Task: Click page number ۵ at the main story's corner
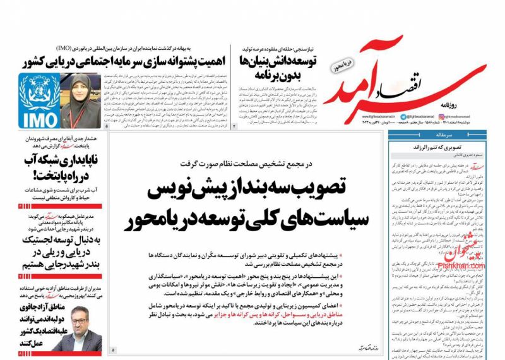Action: point(113,349)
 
